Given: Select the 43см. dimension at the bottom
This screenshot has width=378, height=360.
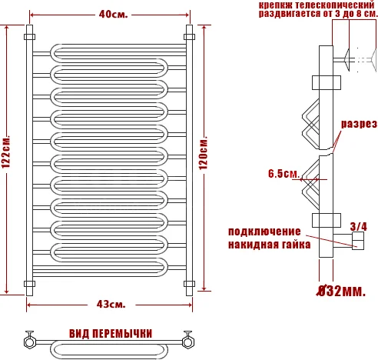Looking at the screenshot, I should point(110,305).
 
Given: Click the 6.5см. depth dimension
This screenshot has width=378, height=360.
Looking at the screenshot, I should point(283,174).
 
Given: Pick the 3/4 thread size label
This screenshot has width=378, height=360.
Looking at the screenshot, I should point(359,225).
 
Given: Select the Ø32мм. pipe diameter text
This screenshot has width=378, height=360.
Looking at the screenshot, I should point(340,291).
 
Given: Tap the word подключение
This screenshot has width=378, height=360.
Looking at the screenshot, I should point(263,231).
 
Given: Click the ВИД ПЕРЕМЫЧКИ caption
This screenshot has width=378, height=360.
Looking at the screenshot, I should point(110,333).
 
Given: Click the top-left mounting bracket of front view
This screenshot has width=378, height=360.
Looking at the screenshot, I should point(29,36).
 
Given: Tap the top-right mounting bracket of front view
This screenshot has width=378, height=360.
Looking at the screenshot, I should point(189,36).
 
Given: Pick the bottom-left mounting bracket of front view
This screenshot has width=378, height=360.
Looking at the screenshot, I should point(30,283).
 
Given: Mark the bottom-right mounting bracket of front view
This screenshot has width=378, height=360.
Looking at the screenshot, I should point(189,283).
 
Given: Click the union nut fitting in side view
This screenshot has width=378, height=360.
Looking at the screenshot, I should point(358,243).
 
